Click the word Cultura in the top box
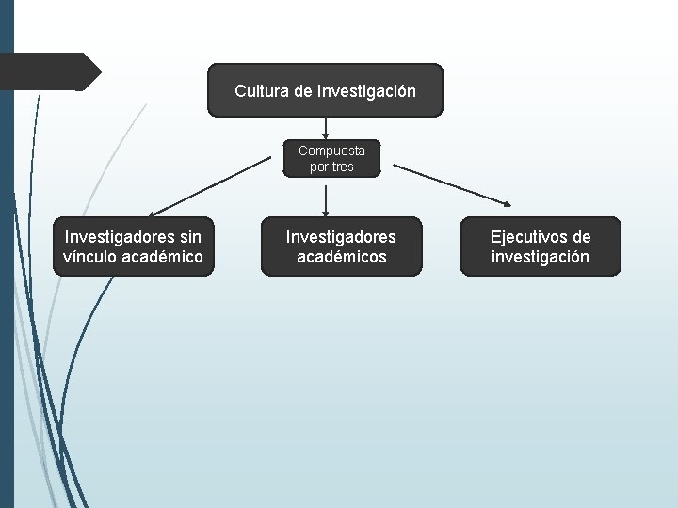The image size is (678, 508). tap(262, 92)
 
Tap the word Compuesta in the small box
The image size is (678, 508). tap(332, 150)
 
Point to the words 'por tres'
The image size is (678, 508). tap(332, 167)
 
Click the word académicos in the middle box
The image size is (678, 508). tap(341, 257)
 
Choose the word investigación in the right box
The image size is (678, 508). tap(541, 257)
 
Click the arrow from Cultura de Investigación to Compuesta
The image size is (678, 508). tap(325, 128)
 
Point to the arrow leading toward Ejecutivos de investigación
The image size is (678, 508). tap(452, 185)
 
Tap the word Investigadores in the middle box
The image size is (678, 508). tap(341, 237)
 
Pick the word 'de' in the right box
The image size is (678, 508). tap(582, 237)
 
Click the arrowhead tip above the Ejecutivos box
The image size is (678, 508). tap(509, 204)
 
